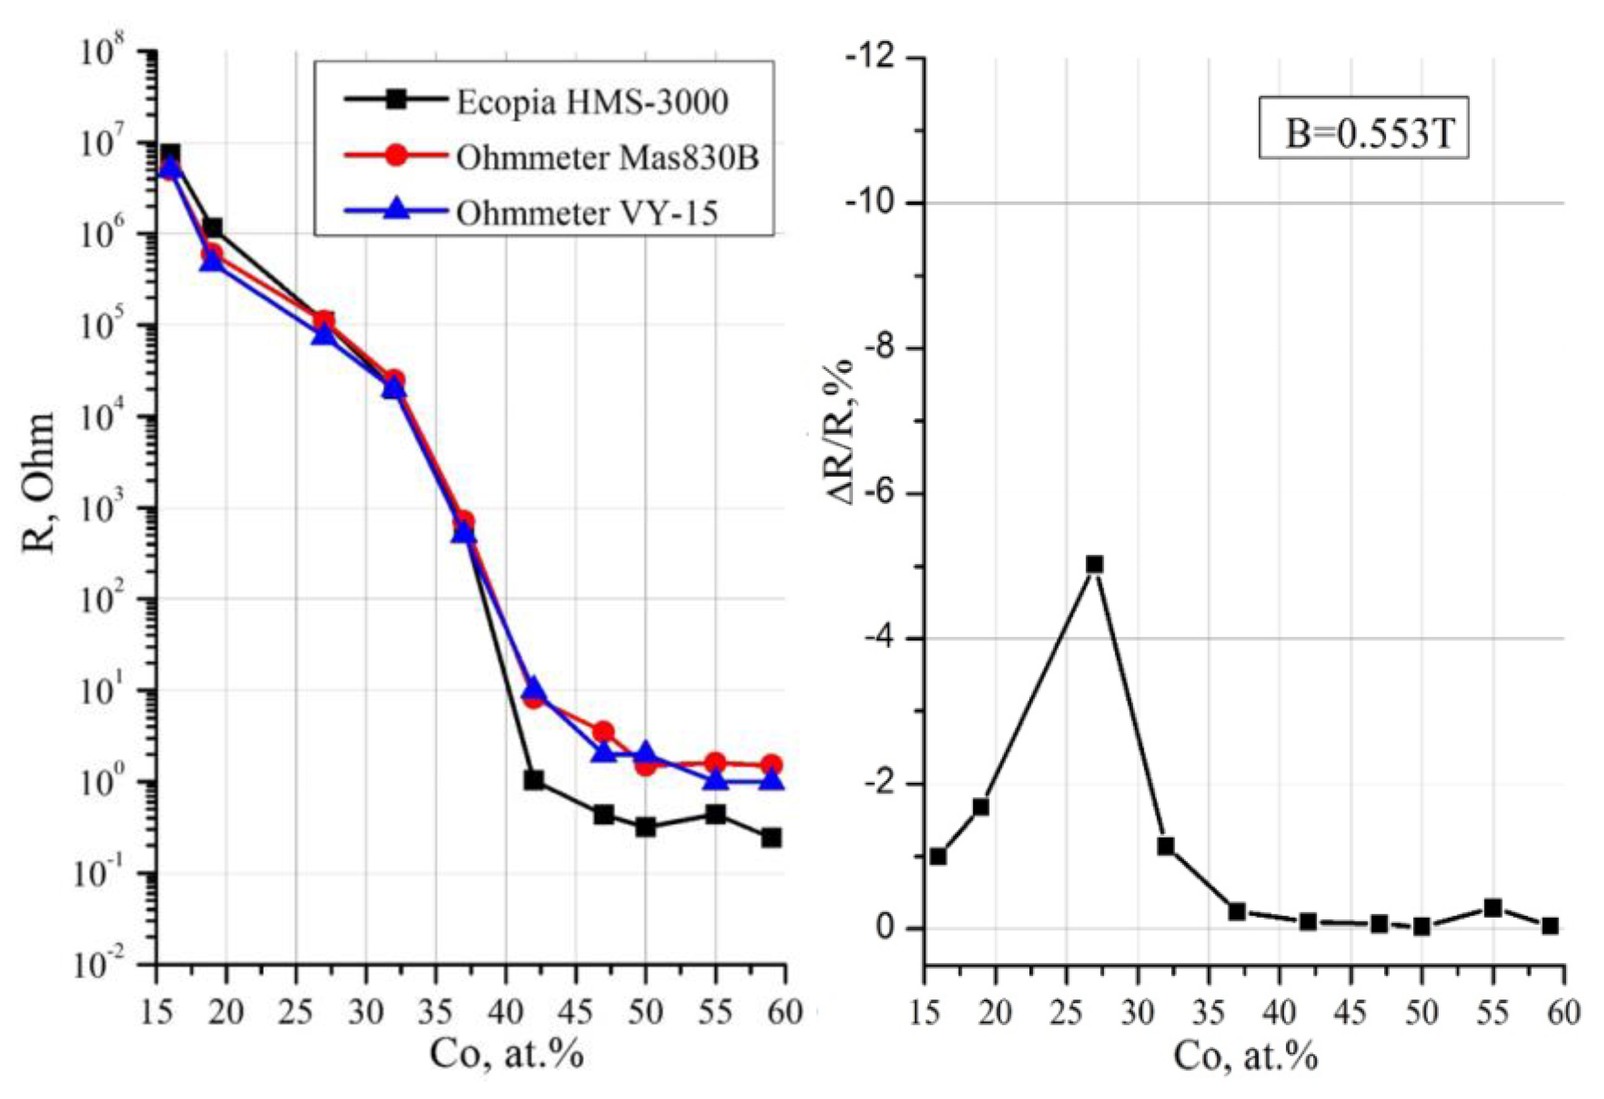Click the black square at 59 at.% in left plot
pos(772,838)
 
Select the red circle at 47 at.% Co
pos(603,732)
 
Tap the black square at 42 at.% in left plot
pos(534,781)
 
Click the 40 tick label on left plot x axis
pos(506,1013)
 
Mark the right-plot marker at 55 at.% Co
pos(1493,908)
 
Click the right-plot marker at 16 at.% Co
pos(938,857)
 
